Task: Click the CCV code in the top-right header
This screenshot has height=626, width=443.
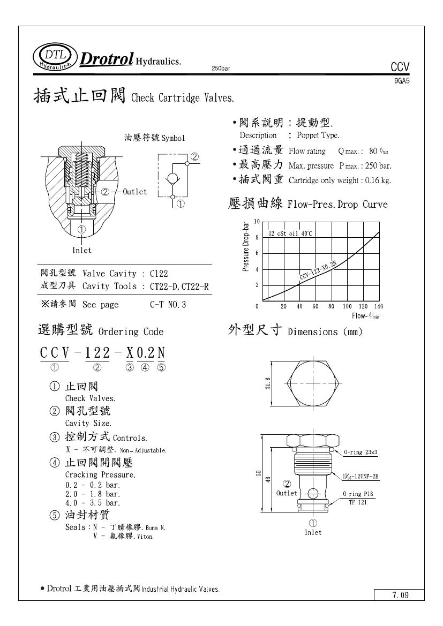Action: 400,67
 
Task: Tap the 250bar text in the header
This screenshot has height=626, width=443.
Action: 222,69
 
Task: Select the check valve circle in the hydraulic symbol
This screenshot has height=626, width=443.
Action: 173,178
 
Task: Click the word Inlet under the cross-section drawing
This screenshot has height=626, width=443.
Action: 82,250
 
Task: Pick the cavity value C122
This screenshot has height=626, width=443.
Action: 159,273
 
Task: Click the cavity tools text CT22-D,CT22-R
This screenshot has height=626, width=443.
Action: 179,286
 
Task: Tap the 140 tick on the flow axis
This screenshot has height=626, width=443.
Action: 379,307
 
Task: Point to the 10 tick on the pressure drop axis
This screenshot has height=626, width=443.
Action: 257,221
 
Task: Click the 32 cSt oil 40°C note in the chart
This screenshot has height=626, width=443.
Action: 290,233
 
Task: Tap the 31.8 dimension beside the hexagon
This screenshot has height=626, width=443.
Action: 268,383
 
